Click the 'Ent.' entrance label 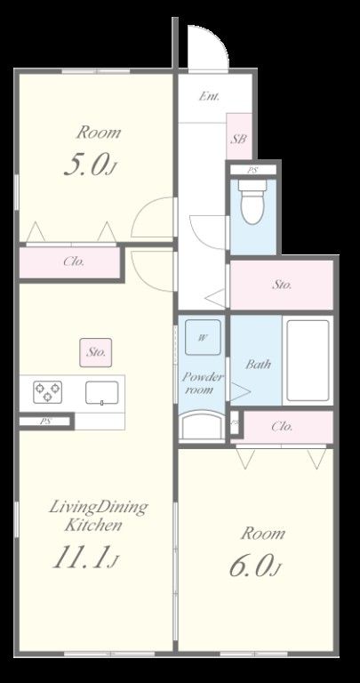209,96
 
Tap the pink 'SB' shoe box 239,136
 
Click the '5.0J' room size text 91,165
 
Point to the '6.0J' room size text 254,566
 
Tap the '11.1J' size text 85,558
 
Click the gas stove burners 47,392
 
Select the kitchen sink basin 102,392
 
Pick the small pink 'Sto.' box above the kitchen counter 95,352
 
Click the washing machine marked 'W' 203,337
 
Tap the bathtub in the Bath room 308,360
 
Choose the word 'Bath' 258,364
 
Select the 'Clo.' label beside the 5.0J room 74,261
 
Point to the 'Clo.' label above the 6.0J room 282,427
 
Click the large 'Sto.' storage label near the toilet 282,285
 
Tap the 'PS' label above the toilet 252,170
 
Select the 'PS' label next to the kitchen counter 45,422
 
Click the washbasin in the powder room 202,426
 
